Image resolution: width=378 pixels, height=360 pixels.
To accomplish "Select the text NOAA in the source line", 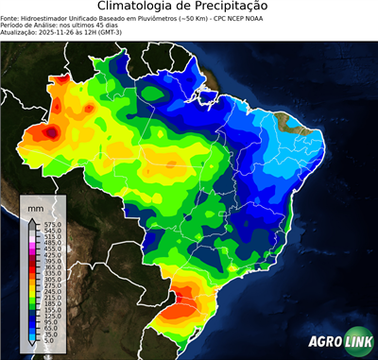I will [x=263, y=17].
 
